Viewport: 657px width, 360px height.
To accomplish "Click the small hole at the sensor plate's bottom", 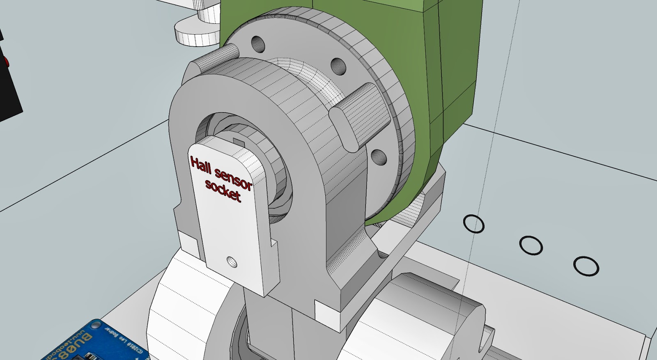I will pyautogui.click(x=232, y=261).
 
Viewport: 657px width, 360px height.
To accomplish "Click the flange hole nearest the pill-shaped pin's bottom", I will pyautogui.click(x=378, y=156).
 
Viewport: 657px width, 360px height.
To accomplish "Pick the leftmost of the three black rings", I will pyautogui.click(x=473, y=224).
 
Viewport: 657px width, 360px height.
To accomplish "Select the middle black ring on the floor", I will pyautogui.click(x=531, y=245).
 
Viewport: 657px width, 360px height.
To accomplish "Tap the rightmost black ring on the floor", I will pyautogui.click(x=586, y=266).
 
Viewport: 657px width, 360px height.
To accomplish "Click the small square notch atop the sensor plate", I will pyautogui.click(x=238, y=141).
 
